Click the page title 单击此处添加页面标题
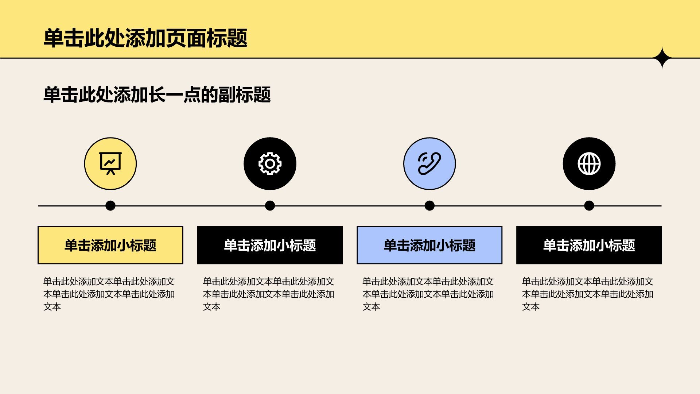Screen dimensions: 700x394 pos(145,38)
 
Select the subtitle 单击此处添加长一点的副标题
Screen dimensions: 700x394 pos(157,95)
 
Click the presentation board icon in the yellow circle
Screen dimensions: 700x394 pos(110,163)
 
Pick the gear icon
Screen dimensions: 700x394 pos(270,164)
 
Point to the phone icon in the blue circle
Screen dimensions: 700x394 pos(429,163)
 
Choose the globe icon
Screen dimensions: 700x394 pos(589,163)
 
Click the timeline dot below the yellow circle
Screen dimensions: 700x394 pos(110,206)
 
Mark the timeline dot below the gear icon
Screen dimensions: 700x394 pos(270,206)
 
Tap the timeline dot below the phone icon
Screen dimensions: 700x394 pos(429,206)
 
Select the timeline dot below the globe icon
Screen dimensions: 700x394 pos(589,206)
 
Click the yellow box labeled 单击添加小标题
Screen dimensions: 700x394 pos(110,245)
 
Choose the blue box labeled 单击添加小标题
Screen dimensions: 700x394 pos(429,245)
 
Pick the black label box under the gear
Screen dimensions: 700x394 pos(270,245)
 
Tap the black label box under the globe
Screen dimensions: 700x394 pos(589,245)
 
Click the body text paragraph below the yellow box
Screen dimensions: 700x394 pos(109,294)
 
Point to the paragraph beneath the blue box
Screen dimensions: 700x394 pos(428,294)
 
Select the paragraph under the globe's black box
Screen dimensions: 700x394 pos(588,294)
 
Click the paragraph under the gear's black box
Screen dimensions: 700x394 pos(269,294)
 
